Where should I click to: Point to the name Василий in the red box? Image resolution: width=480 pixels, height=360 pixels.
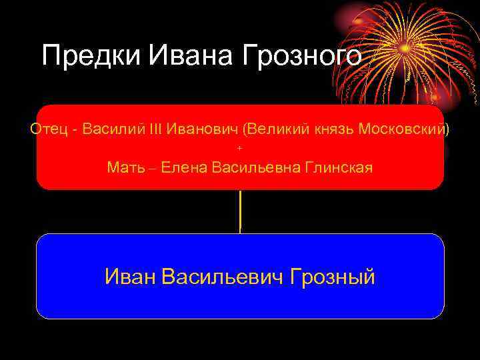(x=115, y=129)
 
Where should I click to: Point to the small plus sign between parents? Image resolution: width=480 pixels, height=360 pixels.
(x=240, y=147)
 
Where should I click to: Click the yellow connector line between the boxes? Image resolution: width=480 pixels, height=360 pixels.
(x=240, y=211)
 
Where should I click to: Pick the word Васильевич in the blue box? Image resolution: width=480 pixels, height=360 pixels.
(x=223, y=276)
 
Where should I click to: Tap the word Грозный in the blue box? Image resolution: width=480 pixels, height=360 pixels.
(x=333, y=276)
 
